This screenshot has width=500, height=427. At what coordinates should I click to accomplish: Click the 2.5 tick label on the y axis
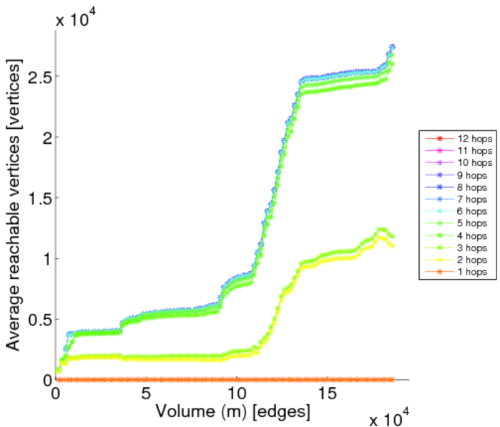[x=34, y=76]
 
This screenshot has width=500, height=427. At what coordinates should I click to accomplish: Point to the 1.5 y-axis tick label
[x=34, y=198]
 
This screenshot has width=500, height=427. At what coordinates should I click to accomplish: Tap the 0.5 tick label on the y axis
[x=34, y=319]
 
